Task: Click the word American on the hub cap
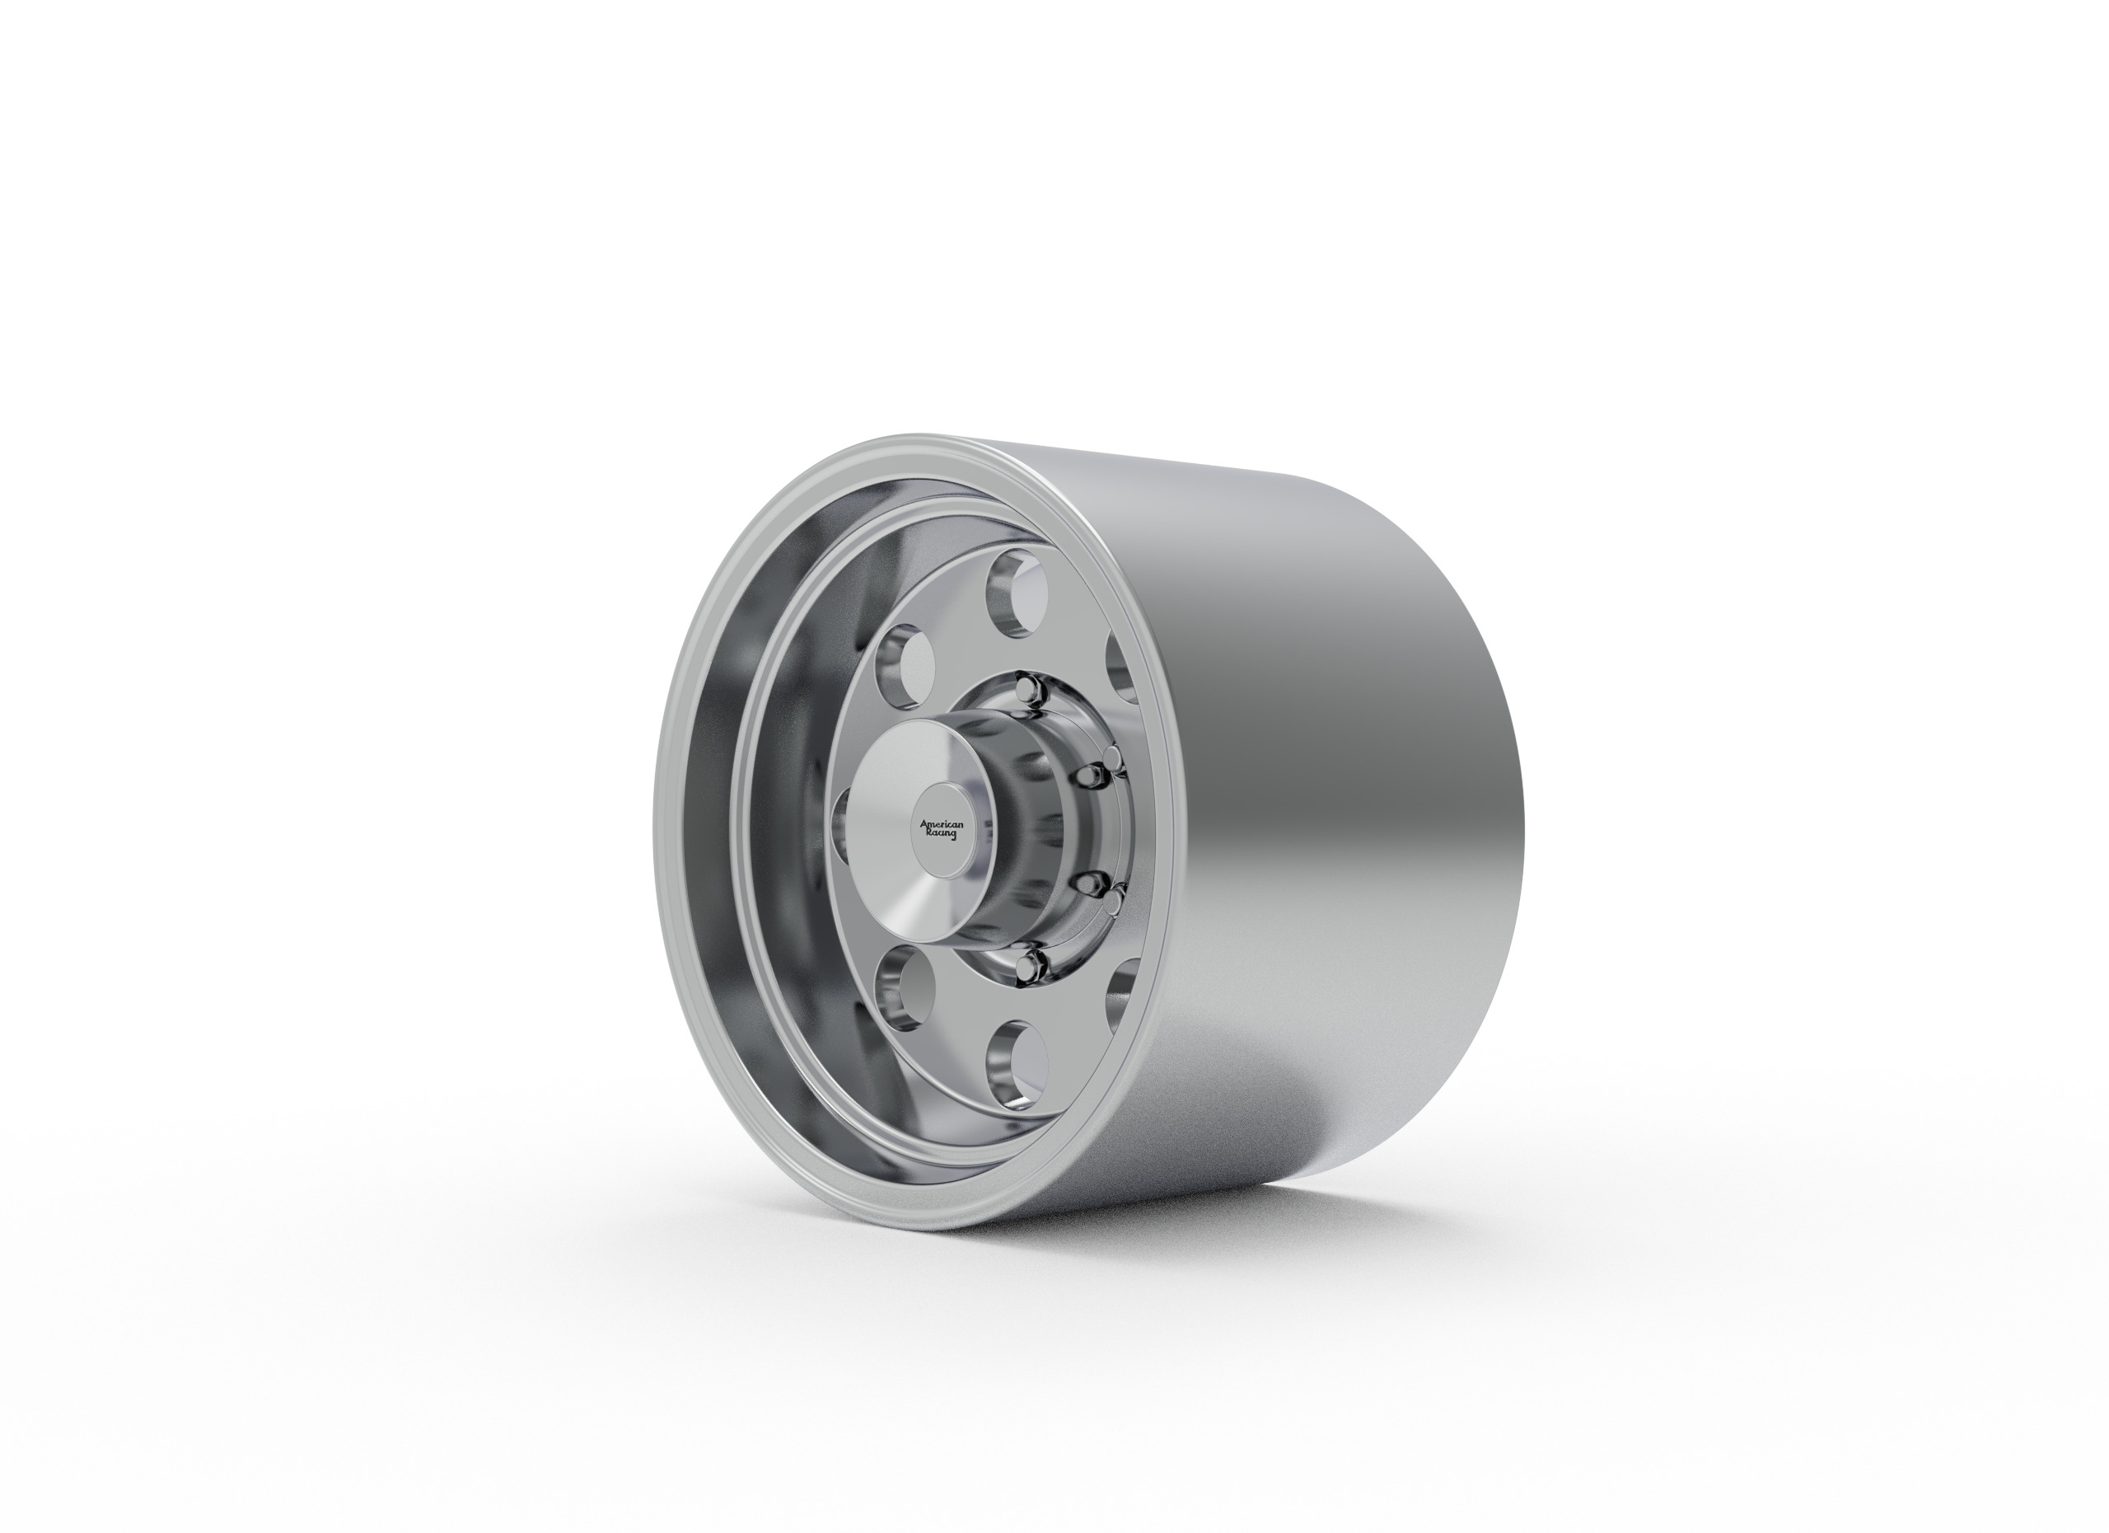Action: point(941,825)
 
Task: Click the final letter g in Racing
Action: point(952,837)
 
